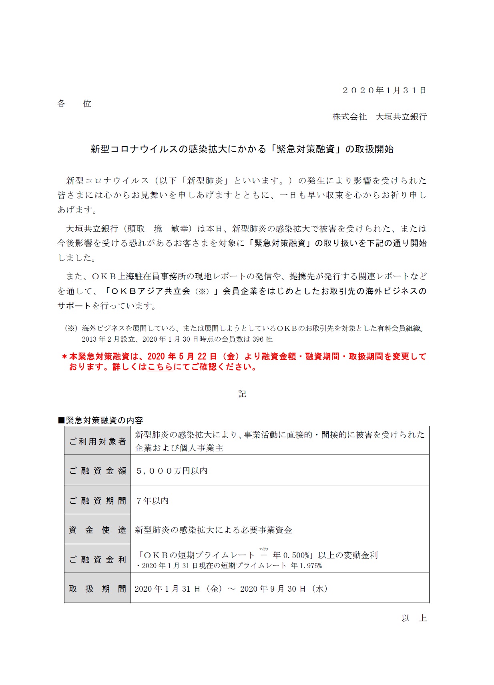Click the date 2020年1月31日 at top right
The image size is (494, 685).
pos(384,90)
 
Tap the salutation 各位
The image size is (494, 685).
pos(74,104)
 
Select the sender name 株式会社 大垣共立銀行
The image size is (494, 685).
pos(380,117)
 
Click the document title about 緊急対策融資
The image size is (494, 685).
pos(242,149)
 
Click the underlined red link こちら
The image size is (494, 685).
pos(160,367)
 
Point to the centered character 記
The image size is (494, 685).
pos(242,394)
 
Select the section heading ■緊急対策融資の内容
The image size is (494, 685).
pos(100,420)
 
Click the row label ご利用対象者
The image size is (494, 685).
pos(98,441)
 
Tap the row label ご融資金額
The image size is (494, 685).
pos(98,471)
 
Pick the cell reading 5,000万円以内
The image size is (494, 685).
pos(172,471)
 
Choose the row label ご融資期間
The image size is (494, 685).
pos(98,501)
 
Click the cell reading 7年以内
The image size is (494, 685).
pos(153,501)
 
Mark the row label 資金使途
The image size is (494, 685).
pos(98,530)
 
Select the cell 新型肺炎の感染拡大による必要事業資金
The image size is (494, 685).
pos(213,530)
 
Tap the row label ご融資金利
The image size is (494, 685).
pos(98,559)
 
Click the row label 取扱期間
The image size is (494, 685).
pos(98,589)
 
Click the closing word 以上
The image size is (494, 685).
pos(414,618)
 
